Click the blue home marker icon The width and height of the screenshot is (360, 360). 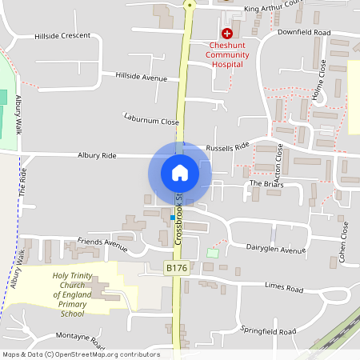point(180,172)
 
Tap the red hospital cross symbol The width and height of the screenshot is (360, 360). point(227,34)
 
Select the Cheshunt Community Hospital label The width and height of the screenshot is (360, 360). point(228,54)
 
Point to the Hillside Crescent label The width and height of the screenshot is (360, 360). point(62,37)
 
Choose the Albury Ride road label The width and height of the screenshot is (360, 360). point(97,155)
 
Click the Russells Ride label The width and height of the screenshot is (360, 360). point(228,147)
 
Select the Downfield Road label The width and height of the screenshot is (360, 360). point(304,32)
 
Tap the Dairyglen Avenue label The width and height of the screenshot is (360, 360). point(276,250)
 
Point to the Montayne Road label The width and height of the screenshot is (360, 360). point(81,341)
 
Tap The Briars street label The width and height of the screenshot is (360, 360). point(267,183)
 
